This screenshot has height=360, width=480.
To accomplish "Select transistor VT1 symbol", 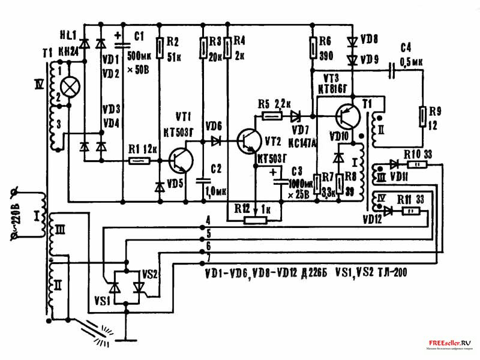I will coord(180,160).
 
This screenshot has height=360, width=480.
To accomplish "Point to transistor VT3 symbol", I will coord(348,113).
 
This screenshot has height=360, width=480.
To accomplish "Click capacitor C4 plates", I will coord(391,71).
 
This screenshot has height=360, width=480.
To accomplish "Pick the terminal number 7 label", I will coord(208,257).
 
